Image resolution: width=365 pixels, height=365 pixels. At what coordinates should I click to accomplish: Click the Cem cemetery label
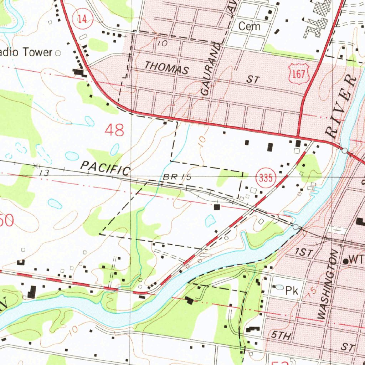249,26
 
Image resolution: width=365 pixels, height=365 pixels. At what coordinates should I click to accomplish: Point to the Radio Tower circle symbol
58,53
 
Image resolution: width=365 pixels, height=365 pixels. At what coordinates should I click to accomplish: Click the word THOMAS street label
166,67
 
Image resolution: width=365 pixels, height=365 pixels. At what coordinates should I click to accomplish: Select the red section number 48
114,130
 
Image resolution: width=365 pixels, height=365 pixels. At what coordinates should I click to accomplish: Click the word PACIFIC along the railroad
105,168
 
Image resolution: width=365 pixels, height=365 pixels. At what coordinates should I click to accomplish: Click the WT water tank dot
345,261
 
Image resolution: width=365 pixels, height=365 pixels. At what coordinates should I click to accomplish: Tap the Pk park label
291,291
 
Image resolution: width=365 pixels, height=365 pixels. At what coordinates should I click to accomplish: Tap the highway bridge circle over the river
344,151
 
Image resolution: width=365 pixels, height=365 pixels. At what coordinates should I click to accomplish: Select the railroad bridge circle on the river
295,227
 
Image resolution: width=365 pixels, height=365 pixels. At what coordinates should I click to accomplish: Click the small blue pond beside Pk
280,287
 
